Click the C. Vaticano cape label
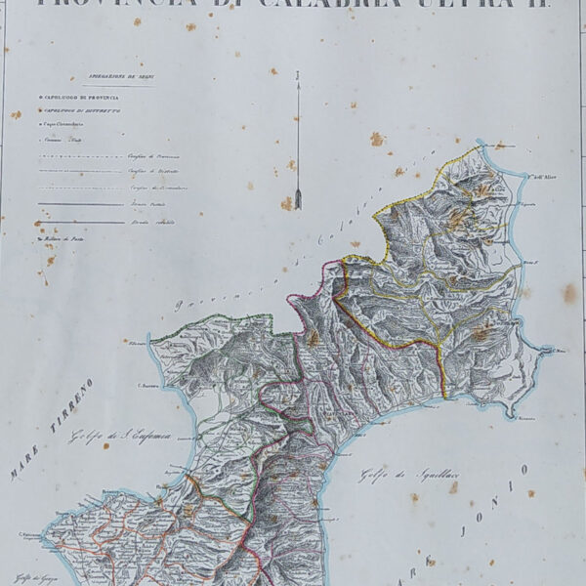tap(33, 534)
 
